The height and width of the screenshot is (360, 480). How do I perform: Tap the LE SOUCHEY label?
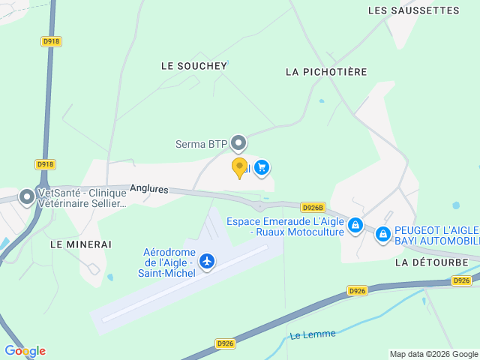(x=193, y=66)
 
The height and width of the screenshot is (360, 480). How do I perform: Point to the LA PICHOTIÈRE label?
(x=326, y=72)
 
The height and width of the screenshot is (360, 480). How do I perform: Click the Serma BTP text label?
(x=201, y=144)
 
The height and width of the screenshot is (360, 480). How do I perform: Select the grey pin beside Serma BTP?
(x=238, y=142)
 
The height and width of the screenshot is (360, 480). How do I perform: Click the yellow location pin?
(x=239, y=167)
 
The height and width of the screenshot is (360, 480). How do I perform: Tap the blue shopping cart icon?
(x=262, y=167)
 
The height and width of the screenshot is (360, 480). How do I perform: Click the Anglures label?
(x=148, y=190)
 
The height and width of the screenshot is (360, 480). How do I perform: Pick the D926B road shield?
(x=312, y=207)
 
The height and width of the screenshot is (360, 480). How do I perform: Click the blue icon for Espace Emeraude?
(x=355, y=225)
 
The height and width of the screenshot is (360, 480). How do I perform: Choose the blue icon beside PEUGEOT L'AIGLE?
(x=383, y=235)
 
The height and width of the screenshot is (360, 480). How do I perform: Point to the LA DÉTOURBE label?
(x=431, y=262)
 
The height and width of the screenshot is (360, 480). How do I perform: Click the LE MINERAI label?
(x=81, y=244)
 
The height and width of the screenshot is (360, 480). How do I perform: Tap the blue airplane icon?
(x=207, y=262)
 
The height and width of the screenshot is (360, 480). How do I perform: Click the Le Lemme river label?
(x=313, y=334)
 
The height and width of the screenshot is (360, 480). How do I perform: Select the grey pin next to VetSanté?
(x=27, y=197)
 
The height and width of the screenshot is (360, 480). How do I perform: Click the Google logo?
(x=25, y=351)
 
